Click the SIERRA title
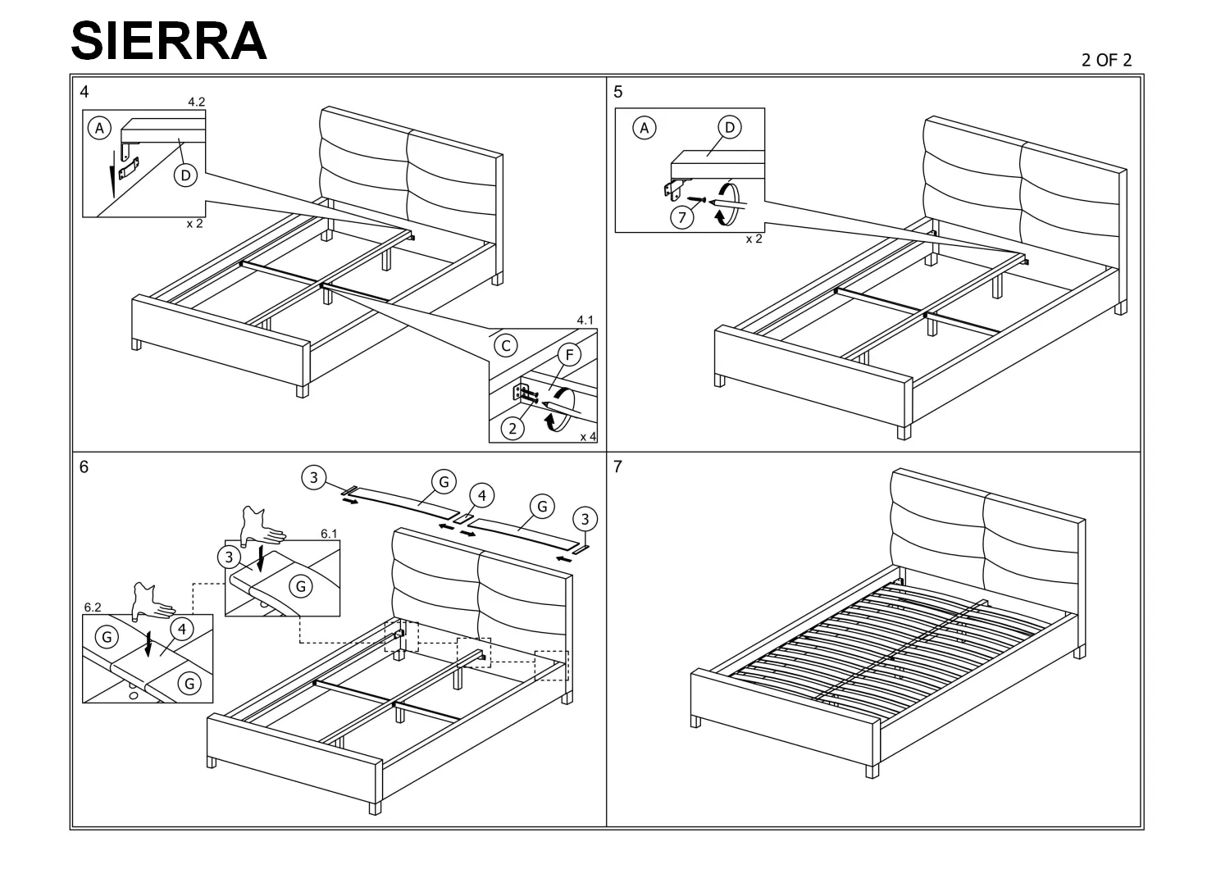click(x=169, y=41)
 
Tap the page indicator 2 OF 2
click(x=1106, y=60)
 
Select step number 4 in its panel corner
click(x=84, y=92)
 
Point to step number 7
click(x=617, y=466)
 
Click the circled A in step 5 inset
click(x=644, y=129)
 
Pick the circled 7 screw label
click(x=682, y=217)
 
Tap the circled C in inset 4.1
click(x=506, y=346)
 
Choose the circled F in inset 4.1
click(x=569, y=355)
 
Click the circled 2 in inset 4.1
click(x=512, y=428)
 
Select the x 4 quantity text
click(x=588, y=437)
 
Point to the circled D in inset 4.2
click(x=185, y=175)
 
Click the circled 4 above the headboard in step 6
click(x=481, y=496)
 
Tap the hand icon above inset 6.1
click(x=262, y=526)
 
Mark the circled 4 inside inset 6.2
click(x=182, y=629)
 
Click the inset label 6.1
click(x=329, y=534)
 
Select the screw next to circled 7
click(x=696, y=199)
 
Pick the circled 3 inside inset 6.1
click(x=229, y=557)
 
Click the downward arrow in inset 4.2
click(x=112, y=174)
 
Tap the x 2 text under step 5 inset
click(x=754, y=239)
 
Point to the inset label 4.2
click(x=197, y=102)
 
